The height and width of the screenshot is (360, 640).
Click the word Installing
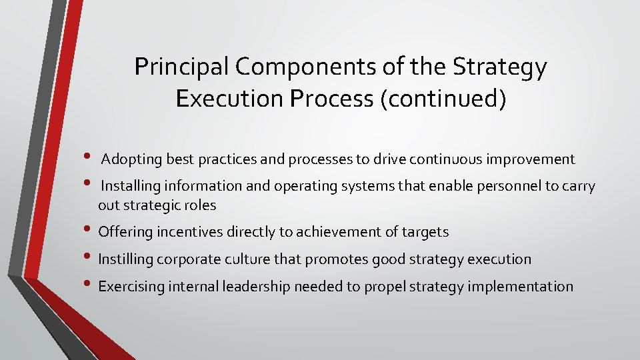point(130,187)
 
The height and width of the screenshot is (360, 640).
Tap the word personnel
point(510,187)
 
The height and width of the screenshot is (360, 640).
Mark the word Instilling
point(125,259)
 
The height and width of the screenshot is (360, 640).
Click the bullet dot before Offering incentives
point(89,231)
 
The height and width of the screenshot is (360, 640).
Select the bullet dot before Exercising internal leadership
point(89,286)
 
